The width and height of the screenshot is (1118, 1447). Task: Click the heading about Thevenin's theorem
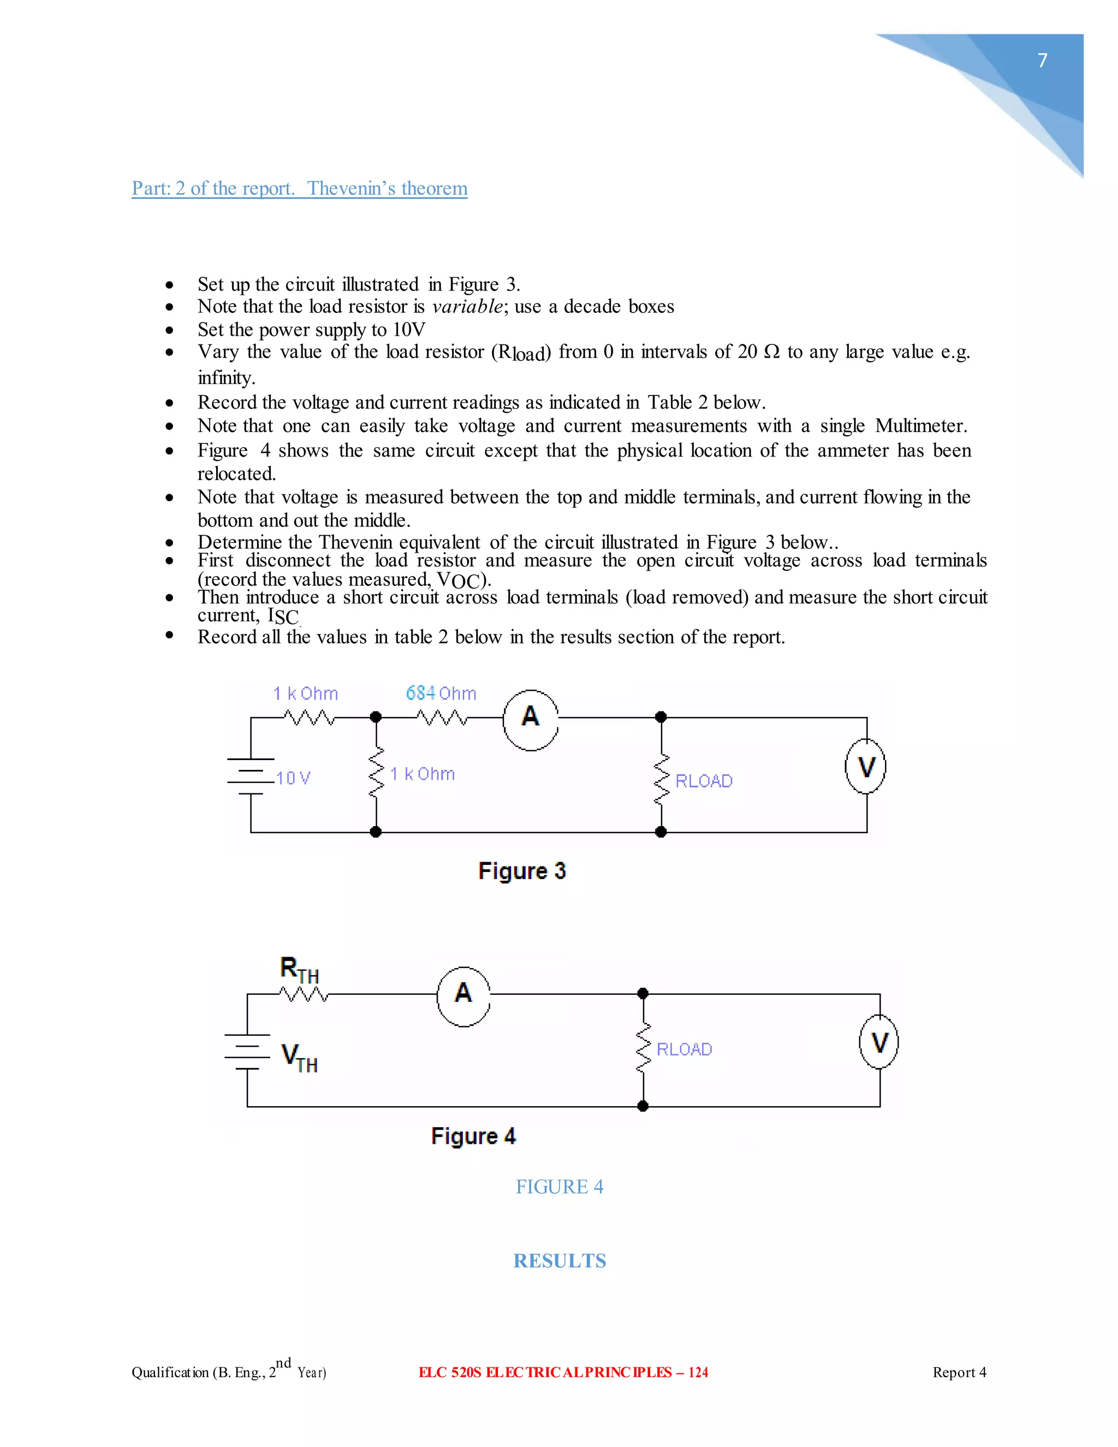click(299, 188)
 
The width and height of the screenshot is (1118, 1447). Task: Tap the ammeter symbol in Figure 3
click(531, 720)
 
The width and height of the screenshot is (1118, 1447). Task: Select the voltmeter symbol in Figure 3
click(866, 766)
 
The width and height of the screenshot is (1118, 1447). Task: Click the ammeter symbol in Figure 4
click(463, 996)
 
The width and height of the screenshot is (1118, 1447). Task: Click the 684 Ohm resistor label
click(441, 693)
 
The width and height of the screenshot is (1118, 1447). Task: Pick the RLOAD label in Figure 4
click(684, 1049)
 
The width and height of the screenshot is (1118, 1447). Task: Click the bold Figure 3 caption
click(522, 870)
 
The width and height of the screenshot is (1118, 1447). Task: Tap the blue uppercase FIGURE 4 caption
click(560, 1187)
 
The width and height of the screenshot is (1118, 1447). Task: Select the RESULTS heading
click(560, 1261)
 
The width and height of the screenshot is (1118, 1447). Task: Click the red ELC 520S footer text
click(563, 1372)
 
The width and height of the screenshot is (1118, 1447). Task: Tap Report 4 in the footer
click(959, 1372)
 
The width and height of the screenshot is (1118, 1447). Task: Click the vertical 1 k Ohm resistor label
click(423, 774)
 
